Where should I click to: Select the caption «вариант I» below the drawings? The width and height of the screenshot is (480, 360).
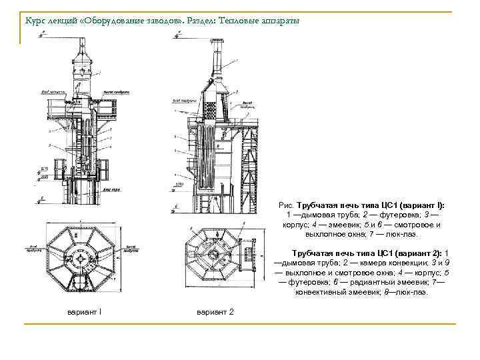click(x=84, y=313)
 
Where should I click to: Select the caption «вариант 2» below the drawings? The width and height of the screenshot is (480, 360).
click(x=215, y=313)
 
